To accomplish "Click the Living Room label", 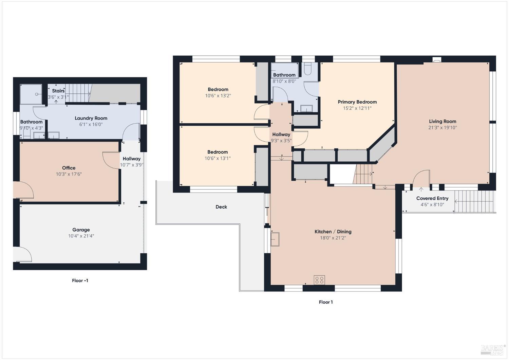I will click(x=442, y=121).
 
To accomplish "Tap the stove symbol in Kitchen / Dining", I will click(x=319, y=280).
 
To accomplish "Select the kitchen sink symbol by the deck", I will click(x=275, y=239).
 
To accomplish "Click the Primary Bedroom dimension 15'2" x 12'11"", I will click(x=357, y=108).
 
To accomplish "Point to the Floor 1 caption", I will click(x=326, y=302).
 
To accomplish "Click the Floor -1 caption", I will click(x=80, y=281).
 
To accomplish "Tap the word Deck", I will click(x=221, y=207).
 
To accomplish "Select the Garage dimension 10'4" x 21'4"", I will click(x=81, y=236).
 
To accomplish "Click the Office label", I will click(x=69, y=168).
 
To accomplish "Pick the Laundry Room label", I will click(x=91, y=118).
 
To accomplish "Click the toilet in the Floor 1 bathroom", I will click(x=308, y=69).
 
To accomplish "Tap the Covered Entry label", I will click(x=432, y=198).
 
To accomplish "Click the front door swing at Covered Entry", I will click(x=421, y=178).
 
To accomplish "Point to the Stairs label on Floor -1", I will click(x=58, y=91).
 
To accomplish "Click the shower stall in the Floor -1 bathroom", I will click(x=31, y=94).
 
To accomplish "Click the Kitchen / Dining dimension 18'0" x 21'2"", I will click(x=333, y=238).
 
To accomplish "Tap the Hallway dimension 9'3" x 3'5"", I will click(x=281, y=141).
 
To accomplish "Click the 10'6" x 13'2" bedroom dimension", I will click(x=218, y=96).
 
